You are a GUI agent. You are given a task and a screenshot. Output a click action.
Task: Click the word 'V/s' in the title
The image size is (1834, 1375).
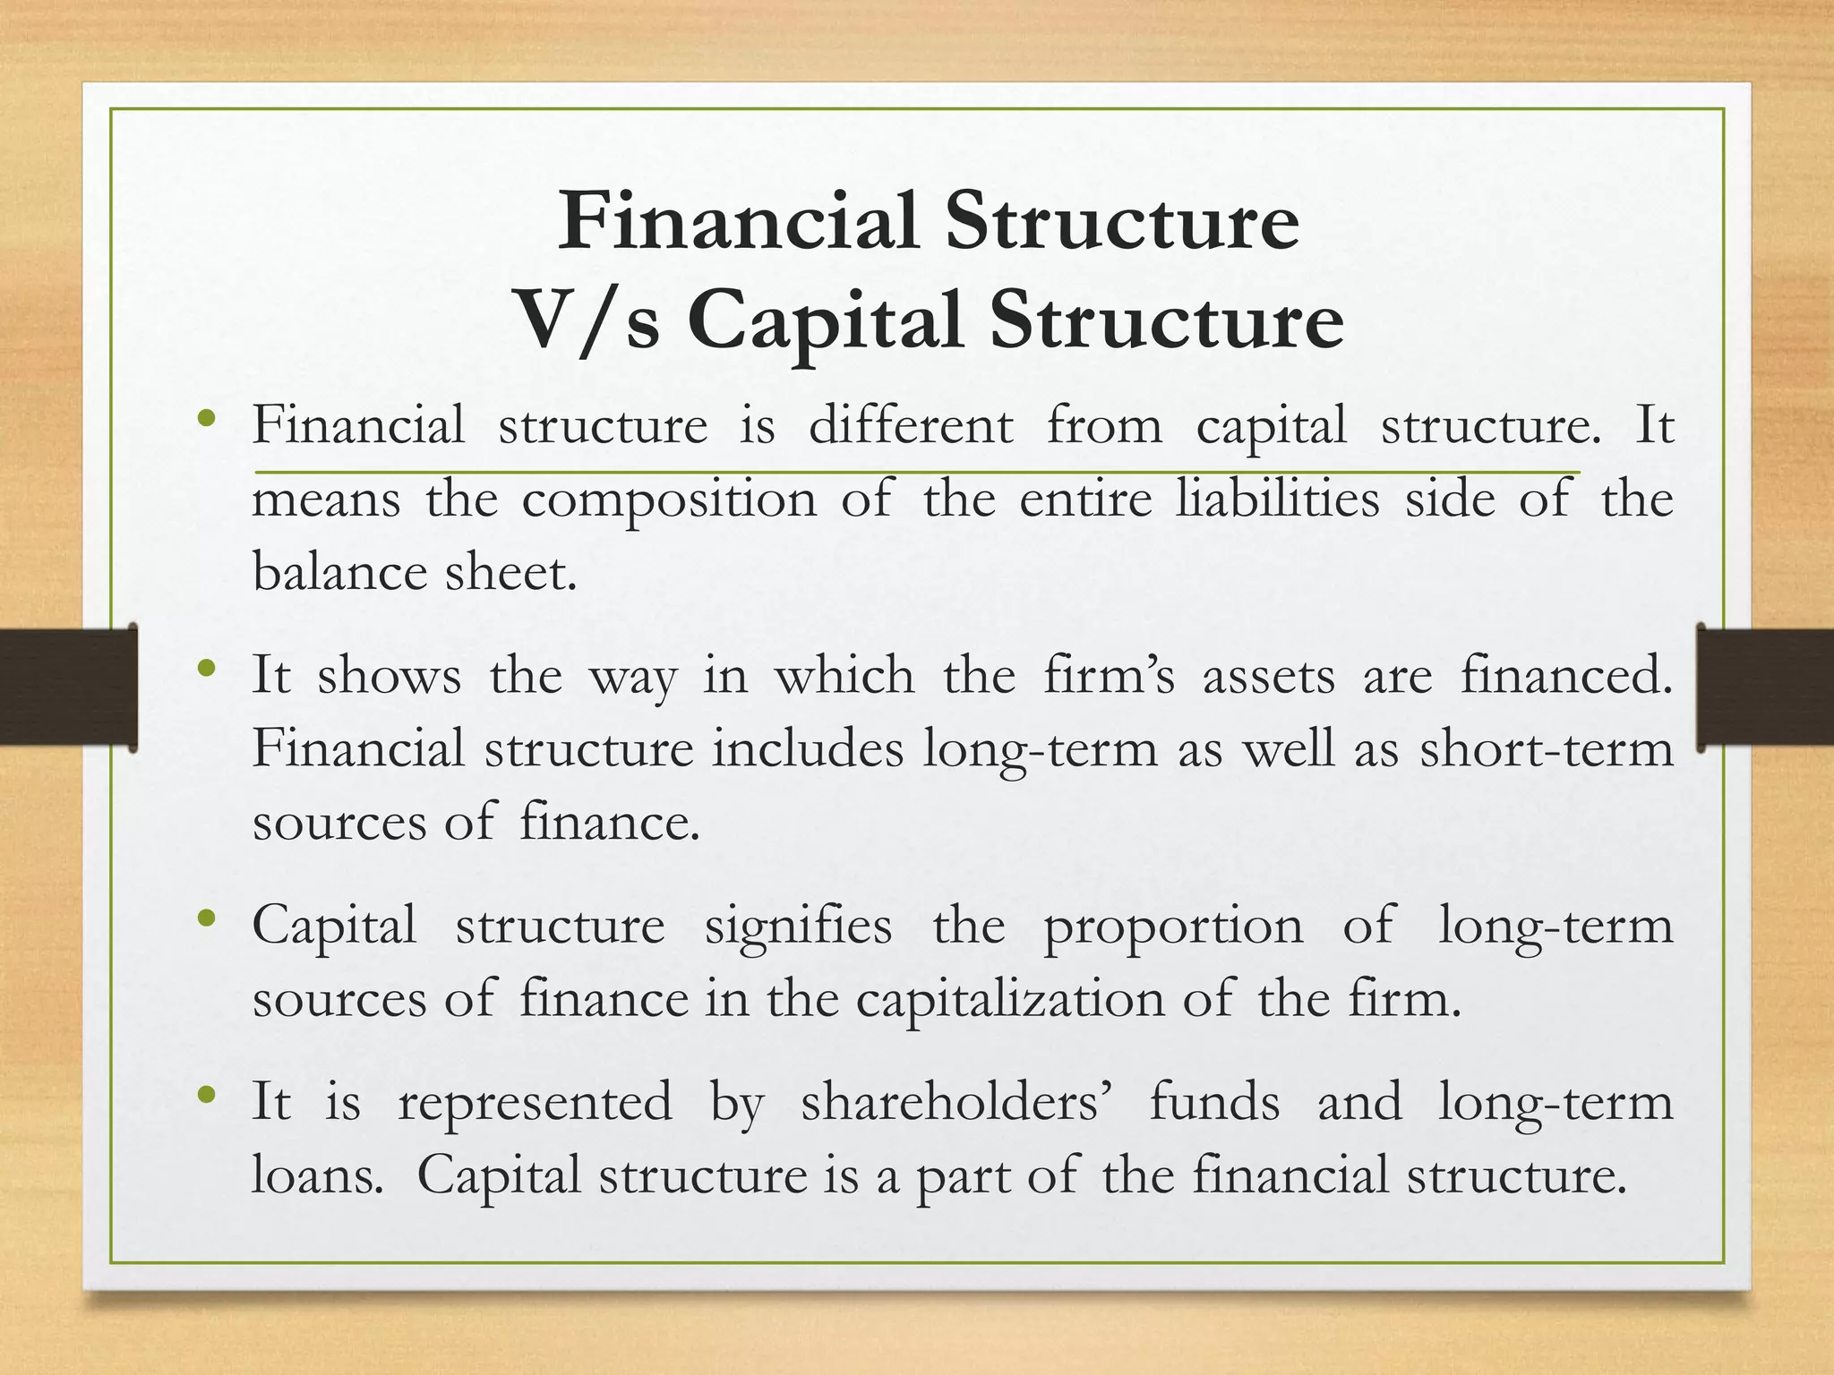pyautogui.click(x=588, y=320)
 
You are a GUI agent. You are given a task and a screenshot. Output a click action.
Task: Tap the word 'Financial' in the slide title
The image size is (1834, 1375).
pyautogui.click(x=738, y=221)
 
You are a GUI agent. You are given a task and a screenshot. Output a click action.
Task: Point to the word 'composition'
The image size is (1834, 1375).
pyautogui.click(x=669, y=500)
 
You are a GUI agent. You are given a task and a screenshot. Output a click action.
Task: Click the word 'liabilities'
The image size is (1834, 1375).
pyautogui.click(x=1277, y=499)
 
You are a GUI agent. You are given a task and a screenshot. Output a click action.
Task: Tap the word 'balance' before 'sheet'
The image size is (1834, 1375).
pyautogui.click(x=339, y=572)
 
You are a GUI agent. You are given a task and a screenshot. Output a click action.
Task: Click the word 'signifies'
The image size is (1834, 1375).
pyautogui.click(x=798, y=926)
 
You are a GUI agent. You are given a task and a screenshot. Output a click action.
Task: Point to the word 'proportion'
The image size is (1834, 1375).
pyautogui.click(x=1173, y=927)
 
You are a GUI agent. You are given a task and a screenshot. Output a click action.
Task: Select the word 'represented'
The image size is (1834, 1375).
pyautogui.click(x=535, y=1102)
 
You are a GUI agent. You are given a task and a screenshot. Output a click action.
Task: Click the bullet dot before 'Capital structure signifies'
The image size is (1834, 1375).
pyautogui.click(x=208, y=918)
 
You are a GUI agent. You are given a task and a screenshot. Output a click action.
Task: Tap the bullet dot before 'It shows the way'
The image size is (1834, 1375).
pyautogui.click(x=208, y=667)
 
